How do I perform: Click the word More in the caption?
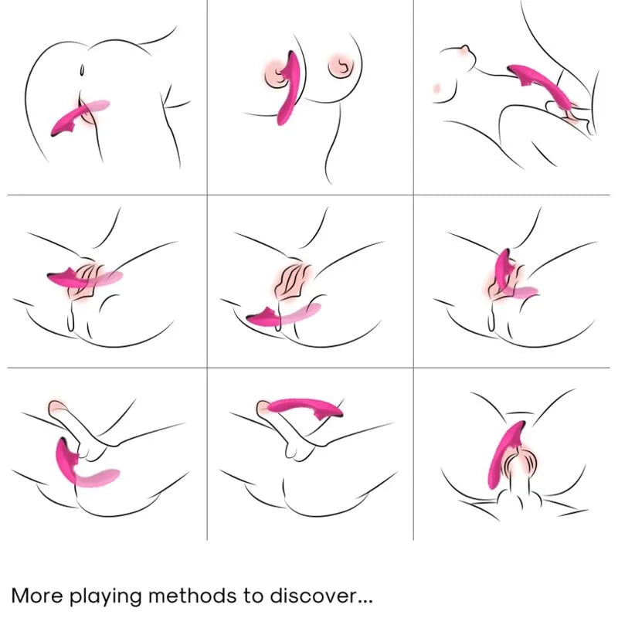39,596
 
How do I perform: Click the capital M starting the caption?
22,596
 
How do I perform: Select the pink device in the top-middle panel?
288,93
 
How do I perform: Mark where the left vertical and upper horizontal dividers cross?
207,194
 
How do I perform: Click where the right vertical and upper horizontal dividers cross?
413,194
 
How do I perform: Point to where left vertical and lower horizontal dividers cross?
207,367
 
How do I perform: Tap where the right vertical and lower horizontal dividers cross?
413,367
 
